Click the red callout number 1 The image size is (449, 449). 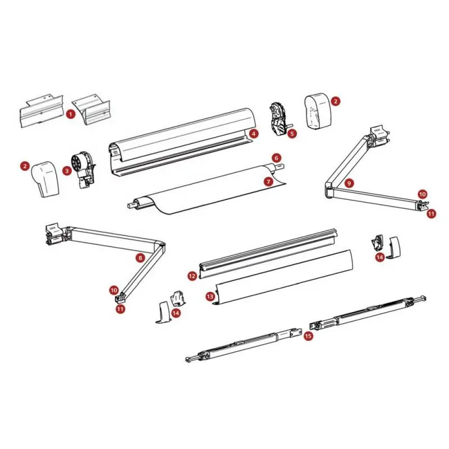[71, 114]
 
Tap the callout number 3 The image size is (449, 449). [67, 171]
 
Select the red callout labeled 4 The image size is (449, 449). [254, 134]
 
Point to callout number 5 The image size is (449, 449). [292, 134]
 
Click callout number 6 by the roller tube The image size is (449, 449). [276, 158]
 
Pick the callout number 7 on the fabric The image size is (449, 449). [269, 181]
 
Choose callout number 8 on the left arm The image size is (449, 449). [140, 258]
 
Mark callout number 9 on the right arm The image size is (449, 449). [349, 183]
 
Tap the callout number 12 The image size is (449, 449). [192, 276]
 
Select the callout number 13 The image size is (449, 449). [210, 296]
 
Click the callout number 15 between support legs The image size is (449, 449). [308, 336]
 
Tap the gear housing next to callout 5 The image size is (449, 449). [278, 118]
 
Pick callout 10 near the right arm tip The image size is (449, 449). [423, 194]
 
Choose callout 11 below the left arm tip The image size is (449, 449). [121, 309]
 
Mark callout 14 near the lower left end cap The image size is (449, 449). [176, 313]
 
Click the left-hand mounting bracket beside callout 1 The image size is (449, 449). [42, 111]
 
